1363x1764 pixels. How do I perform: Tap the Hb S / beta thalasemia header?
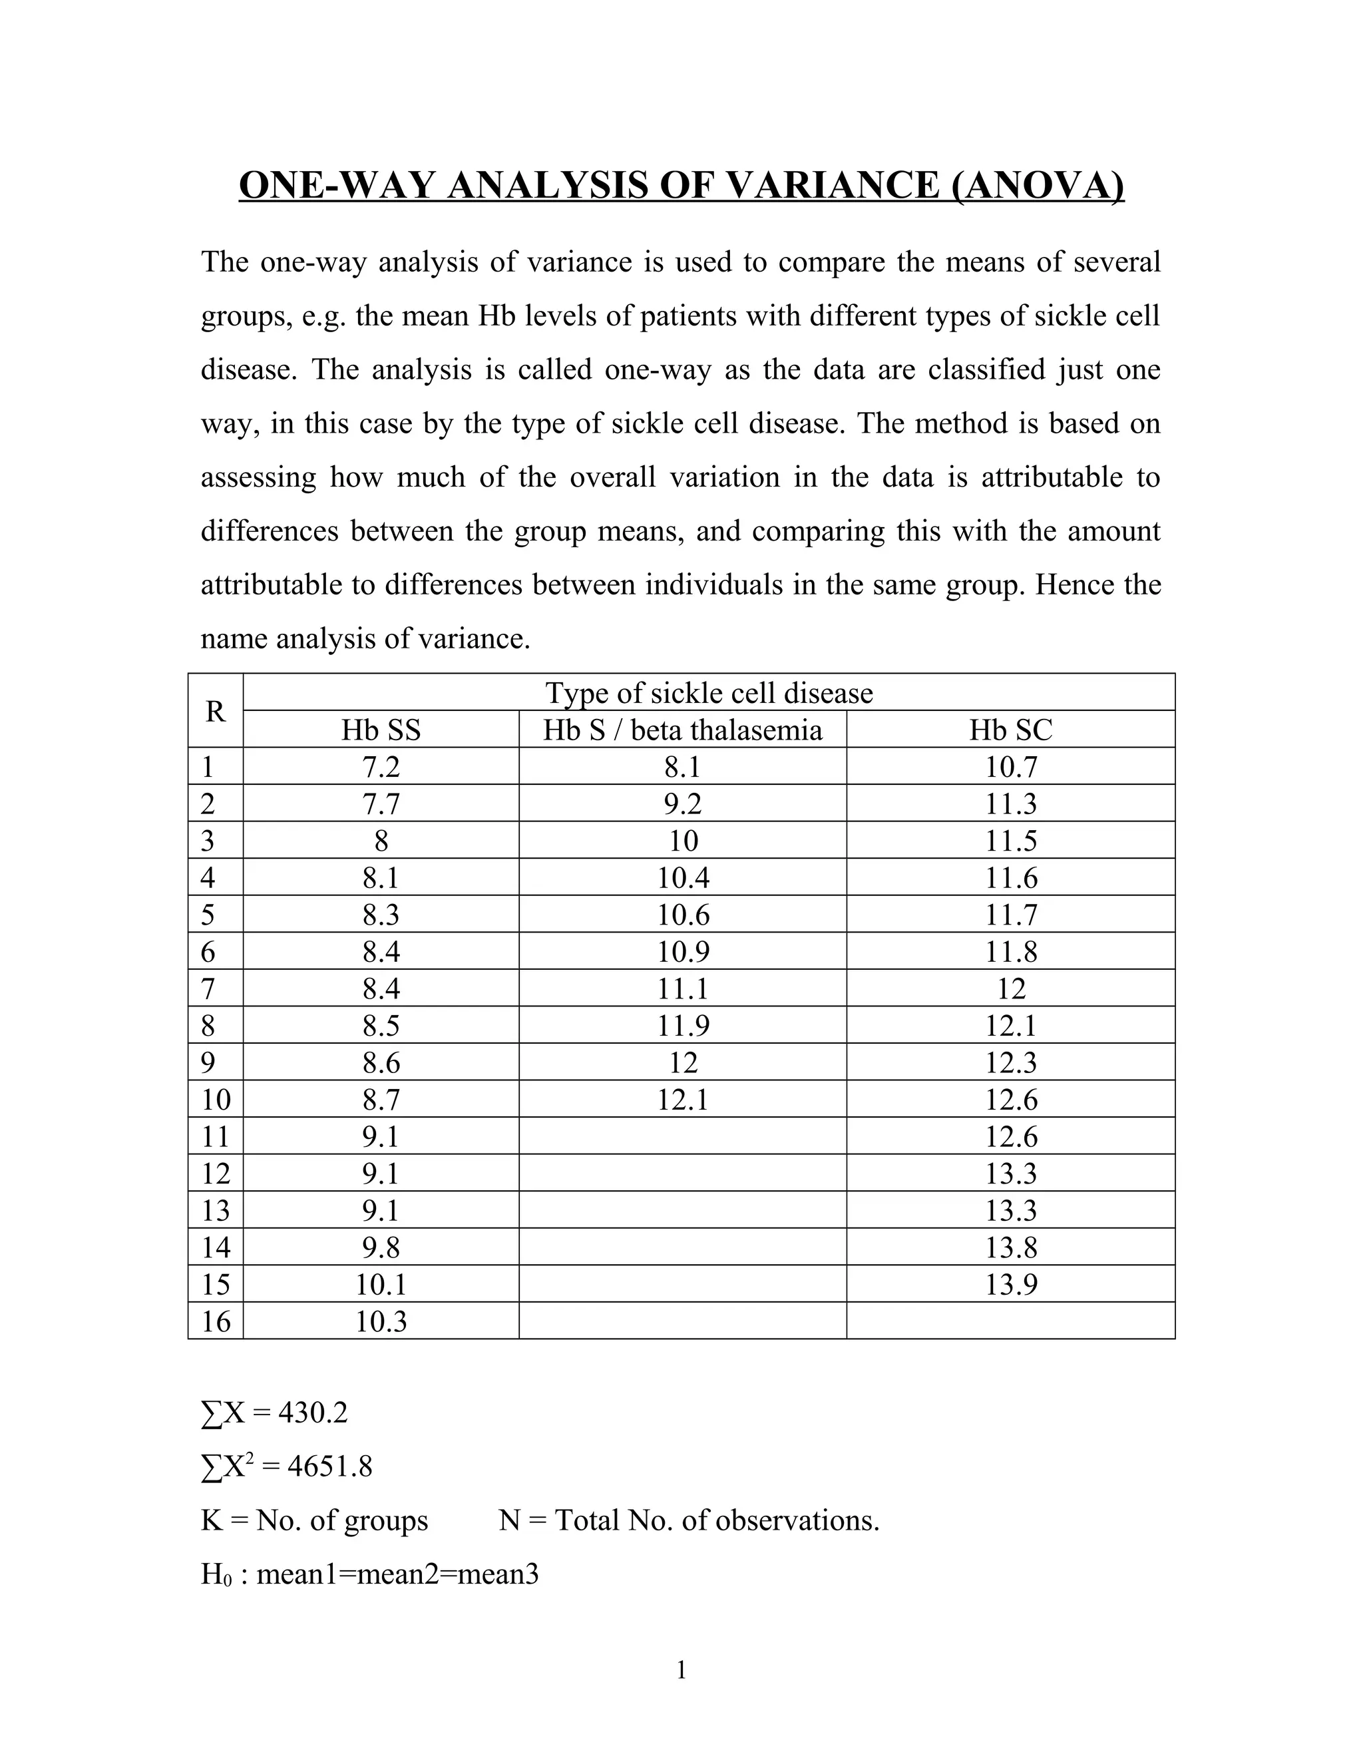point(682,730)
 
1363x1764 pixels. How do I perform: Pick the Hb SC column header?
point(1010,730)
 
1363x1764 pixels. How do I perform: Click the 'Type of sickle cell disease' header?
point(709,693)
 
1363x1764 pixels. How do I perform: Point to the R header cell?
point(215,712)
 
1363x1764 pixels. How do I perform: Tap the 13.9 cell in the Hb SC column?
point(1010,1284)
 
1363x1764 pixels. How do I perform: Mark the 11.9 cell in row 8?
point(682,1026)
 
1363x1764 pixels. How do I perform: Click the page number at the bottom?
point(681,1669)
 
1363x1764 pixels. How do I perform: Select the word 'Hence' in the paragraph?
point(1071,584)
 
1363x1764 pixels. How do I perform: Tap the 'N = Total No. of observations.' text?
point(689,1520)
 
